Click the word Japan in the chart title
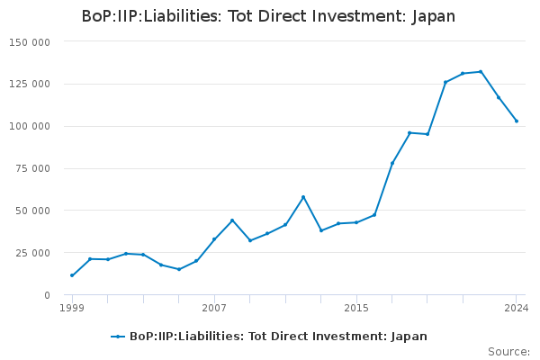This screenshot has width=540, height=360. (x=433, y=17)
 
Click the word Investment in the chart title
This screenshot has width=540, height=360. (x=359, y=16)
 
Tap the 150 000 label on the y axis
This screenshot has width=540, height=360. (x=30, y=42)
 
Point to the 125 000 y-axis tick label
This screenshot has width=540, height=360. (x=30, y=84)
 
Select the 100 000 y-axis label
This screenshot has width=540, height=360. (x=30, y=126)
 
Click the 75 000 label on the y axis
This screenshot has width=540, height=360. (x=32, y=168)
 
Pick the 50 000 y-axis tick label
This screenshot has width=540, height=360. (x=32, y=211)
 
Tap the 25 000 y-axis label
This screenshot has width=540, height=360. (x=32, y=253)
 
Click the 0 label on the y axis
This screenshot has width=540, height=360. (x=47, y=295)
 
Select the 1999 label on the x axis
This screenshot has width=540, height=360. (x=72, y=308)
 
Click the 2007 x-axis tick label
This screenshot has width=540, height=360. (x=214, y=308)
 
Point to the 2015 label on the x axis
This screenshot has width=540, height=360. (x=356, y=308)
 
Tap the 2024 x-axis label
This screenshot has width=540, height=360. (x=517, y=308)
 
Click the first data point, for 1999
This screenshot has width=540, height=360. (x=72, y=275)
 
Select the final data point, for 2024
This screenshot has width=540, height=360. (x=517, y=121)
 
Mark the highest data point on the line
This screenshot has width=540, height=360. (x=481, y=72)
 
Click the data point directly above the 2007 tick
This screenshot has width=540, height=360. (x=214, y=239)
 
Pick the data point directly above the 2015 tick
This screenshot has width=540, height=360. (x=356, y=222)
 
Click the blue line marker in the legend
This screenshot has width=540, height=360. (x=118, y=337)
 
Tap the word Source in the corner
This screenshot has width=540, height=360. (x=508, y=352)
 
